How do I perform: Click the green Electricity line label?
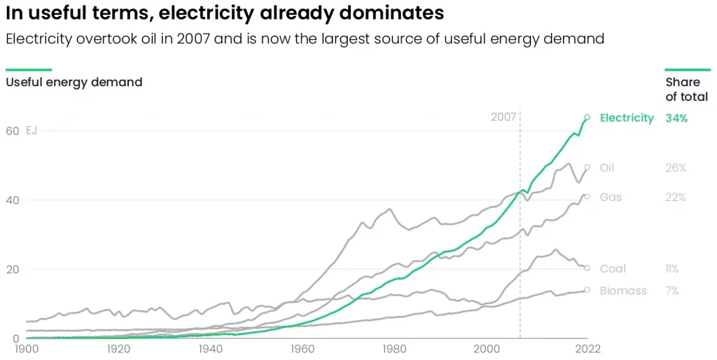[x=627, y=118]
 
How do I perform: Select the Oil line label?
[x=607, y=168]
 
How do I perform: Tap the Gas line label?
[x=611, y=197]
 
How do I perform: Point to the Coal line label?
[x=613, y=268]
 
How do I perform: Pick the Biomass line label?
[x=623, y=291]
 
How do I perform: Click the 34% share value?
[x=677, y=118]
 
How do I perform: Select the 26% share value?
[x=676, y=168]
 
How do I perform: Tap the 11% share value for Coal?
[x=672, y=268]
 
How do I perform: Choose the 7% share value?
[x=672, y=291]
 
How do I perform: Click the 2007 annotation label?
[x=503, y=117]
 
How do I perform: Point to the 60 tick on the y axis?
[x=13, y=131]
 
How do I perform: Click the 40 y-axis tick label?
[x=13, y=200]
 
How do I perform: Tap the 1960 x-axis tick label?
[x=302, y=349]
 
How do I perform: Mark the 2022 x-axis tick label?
[x=587, y=349]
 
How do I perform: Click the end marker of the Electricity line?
[x=587, y=118]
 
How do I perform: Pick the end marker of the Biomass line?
[x=587, y=290]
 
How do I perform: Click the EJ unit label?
[x=31, y=131]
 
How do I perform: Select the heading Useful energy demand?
[x=74, y=83]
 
